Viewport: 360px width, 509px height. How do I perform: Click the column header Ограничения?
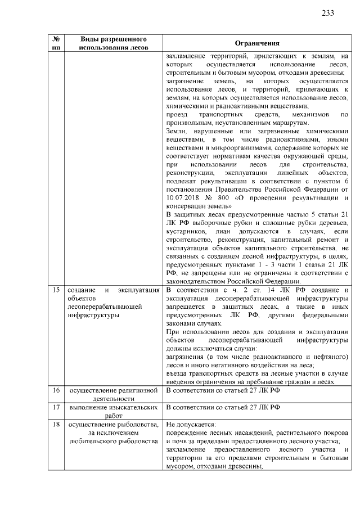[256, 44]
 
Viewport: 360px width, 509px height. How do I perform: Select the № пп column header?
[56, 44]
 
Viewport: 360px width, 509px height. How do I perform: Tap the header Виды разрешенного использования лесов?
[114, 44]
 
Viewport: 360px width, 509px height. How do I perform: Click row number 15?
[56, 290]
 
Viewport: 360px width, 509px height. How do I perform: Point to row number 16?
[56, 390]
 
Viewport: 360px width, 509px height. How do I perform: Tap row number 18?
[56, 425]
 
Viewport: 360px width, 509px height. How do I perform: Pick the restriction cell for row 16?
[256, 390]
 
